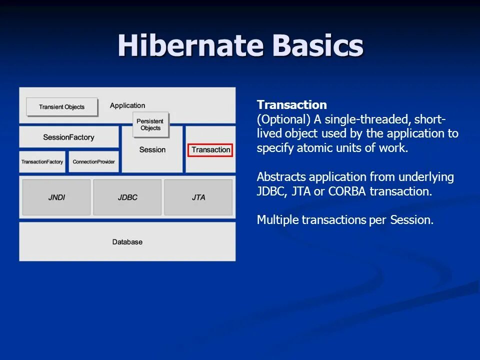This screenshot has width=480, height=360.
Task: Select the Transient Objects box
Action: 62,107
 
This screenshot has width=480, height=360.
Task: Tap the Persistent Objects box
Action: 150,124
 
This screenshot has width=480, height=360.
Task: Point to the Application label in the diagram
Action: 127,105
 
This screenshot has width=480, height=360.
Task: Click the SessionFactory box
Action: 69,137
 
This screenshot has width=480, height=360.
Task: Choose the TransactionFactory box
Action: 42,161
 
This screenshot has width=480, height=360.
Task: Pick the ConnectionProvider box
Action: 93,161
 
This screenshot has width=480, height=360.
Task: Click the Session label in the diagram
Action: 152,149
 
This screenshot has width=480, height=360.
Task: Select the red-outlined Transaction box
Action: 210,150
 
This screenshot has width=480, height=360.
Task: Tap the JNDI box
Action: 56,197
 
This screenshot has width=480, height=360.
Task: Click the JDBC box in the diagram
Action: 127,197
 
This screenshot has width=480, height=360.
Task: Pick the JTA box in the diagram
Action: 198,197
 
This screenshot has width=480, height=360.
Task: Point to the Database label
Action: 127,242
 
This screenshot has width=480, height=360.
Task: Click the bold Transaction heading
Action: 291,104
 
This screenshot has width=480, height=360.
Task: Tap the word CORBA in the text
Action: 347,191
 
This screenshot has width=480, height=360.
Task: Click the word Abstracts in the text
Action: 281,177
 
